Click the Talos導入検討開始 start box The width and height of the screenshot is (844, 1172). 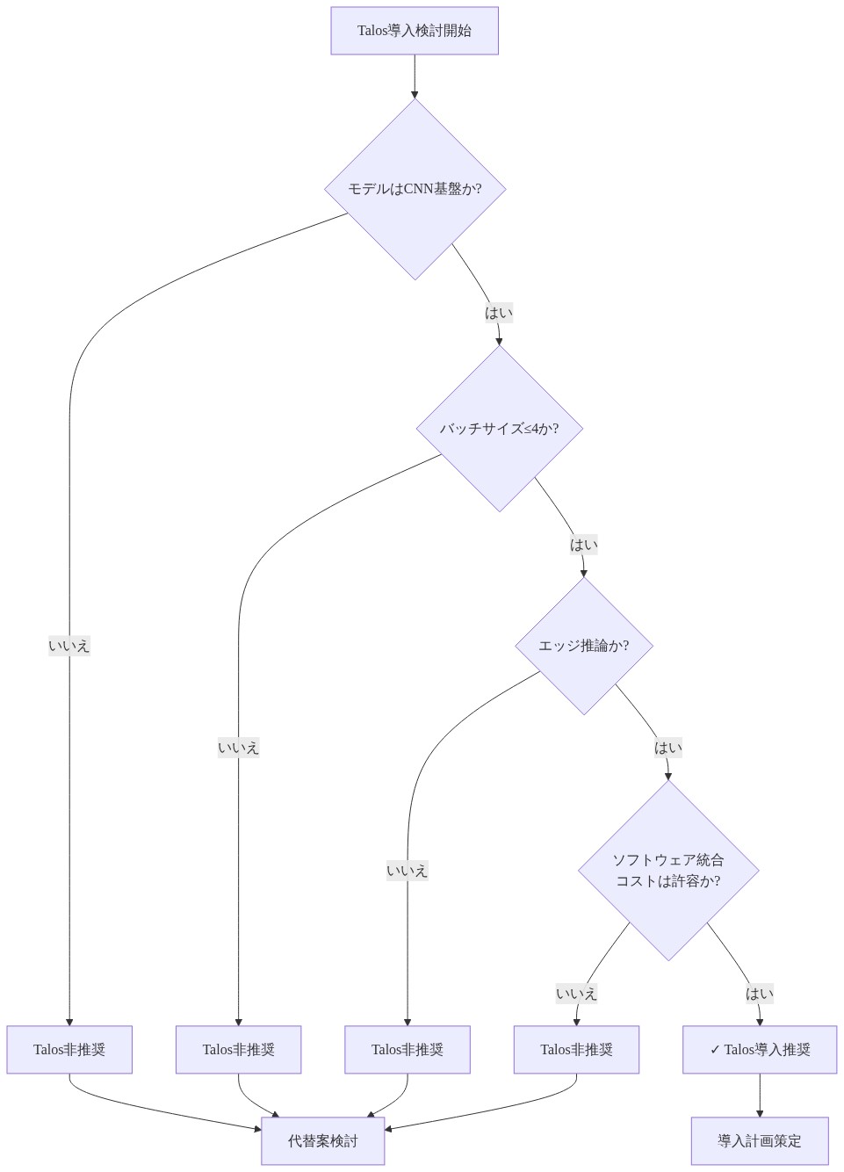(415, 31)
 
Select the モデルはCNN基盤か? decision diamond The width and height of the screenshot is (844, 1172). (415, 189)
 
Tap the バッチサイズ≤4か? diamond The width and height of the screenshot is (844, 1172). (499, 429)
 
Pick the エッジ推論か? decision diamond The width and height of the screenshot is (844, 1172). (583, 646)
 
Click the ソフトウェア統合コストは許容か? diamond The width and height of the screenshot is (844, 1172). (668, 871)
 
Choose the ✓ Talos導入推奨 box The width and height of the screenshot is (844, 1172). (760, 1050)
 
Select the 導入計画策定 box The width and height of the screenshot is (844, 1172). (760, 1141)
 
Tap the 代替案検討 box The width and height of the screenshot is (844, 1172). (323, 1141)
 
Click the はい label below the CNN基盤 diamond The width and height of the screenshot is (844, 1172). (499, 313)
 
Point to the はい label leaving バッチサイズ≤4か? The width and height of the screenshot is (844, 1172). (583, 545)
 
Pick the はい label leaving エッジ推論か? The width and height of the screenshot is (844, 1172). (668, 748)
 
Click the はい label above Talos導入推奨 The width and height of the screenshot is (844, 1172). (760, 994)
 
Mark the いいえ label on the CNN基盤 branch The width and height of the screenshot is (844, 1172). (69, 646)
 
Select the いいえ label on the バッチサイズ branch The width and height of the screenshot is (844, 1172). (239, 748)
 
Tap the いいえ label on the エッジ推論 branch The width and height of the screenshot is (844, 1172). (408, 871)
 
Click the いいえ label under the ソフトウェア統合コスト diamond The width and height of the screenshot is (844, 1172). (576, 994)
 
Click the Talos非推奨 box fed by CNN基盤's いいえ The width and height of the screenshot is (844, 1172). (69, 1050)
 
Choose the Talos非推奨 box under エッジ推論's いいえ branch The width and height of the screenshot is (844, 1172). (408, 1050)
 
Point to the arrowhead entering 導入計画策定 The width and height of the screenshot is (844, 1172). (760, 1113)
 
